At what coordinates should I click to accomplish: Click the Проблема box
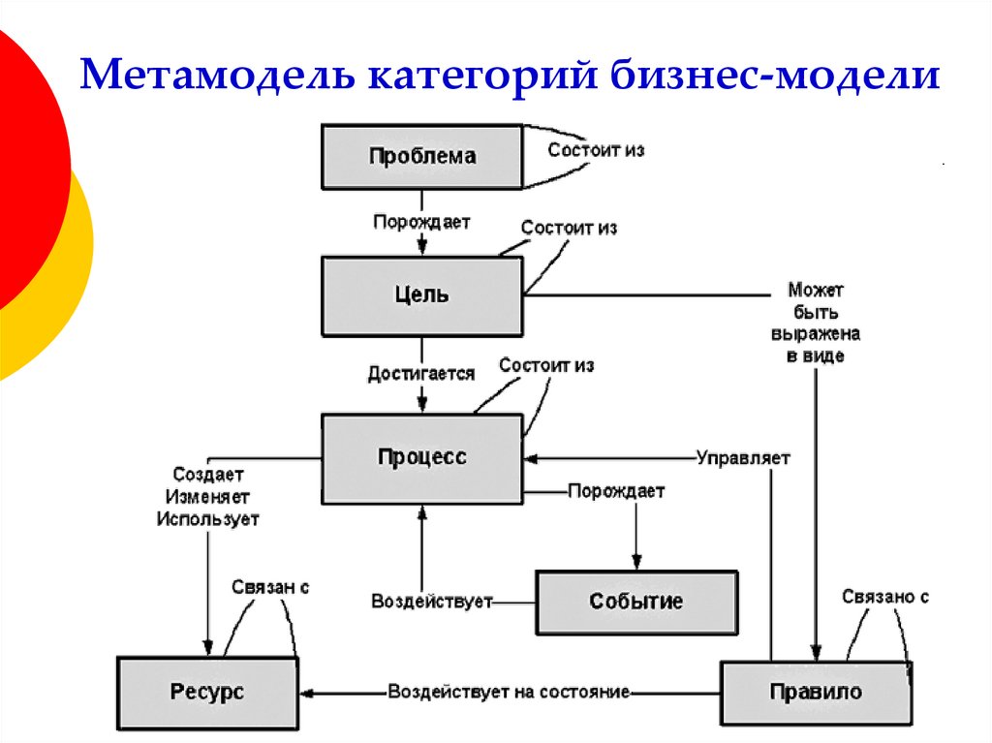pos(421,156)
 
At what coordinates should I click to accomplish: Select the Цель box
pos(421,295)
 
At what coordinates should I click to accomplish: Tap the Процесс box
pos(421,457)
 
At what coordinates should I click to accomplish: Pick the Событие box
pos(636,602)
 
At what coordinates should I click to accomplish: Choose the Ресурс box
pos(207,692)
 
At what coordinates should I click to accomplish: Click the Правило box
pos(816,692)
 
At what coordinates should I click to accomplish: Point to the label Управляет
pos(743,457)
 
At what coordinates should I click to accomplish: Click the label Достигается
pos(420,373)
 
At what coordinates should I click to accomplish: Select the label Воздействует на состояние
pos(509,692)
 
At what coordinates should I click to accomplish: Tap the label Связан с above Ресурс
pos(270,587)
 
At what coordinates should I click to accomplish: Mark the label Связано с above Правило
pos(885,597)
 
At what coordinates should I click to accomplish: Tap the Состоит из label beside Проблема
pos(596,150)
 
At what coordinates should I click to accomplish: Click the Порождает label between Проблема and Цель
pos(421,222)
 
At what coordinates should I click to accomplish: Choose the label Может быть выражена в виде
pos(816,323)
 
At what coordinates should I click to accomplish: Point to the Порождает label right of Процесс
pos(616,491)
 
